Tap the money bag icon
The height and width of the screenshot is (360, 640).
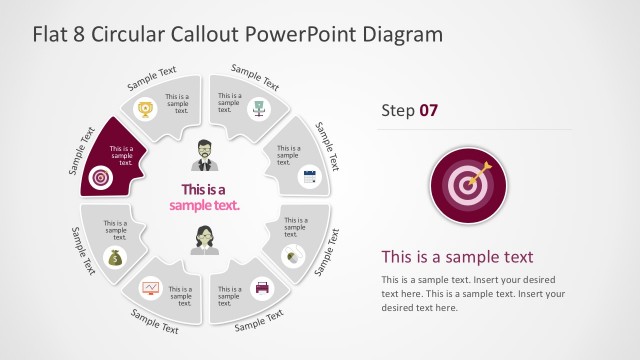pyautogui.click(x=115, y=258)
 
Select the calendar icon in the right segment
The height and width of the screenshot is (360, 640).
pyautogui.click(x=309, y=177)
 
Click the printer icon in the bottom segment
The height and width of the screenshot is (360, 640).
pyautogui.click(x=262, y=287)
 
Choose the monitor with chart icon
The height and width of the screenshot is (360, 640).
pyautogui.click(x=151, y=288)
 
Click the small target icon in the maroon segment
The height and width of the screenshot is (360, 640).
pyautogui.click(x=99, y=178)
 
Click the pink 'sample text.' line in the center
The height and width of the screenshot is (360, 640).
pyautogui.click(x=204, y=205)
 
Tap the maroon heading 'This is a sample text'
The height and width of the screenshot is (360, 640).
pyautogui.click(x=457, y=256)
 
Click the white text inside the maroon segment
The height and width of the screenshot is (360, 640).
pyautogui.click(x=121, y=155)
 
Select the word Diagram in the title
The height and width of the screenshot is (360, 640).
pyautogui.click(x=404, y=34)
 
